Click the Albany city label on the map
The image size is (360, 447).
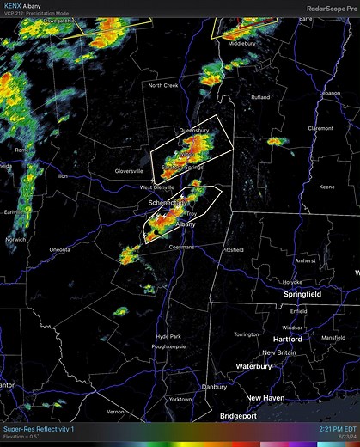[185, 223]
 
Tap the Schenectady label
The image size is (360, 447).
[167, 202]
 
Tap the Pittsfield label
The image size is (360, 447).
[233, 249]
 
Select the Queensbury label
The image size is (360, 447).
[193, 131]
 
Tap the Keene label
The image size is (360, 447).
[326, 187]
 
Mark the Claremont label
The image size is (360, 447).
[320, 128]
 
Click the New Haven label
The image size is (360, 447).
[265, 398]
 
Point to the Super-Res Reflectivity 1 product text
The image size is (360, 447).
[39, 428]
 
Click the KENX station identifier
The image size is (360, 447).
[14, 5]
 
